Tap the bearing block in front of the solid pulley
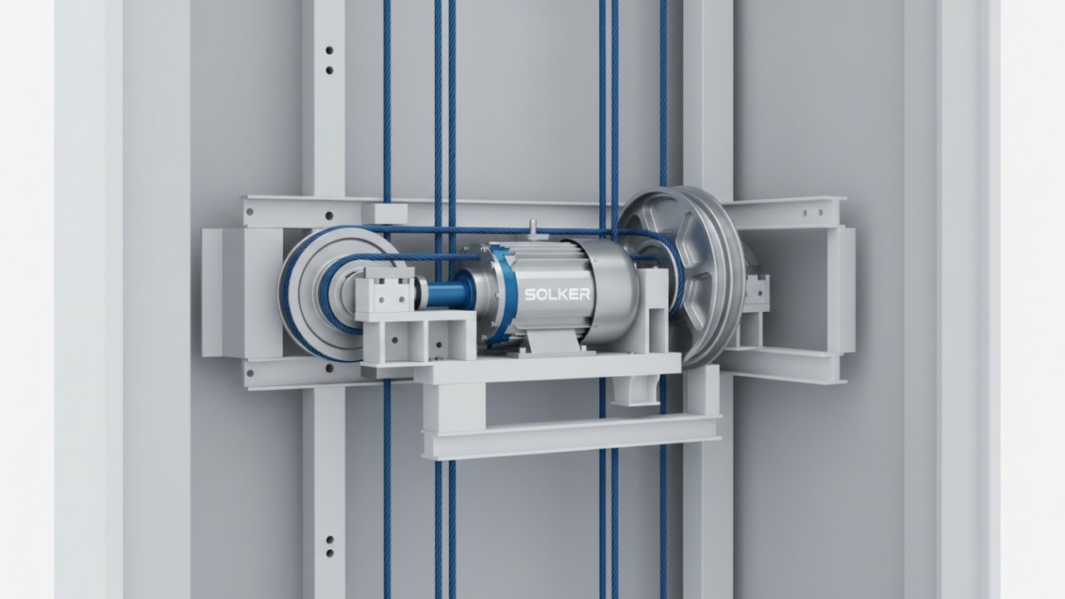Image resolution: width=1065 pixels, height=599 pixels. point(384,290)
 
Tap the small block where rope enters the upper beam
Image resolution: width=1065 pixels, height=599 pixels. point(384,213)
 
